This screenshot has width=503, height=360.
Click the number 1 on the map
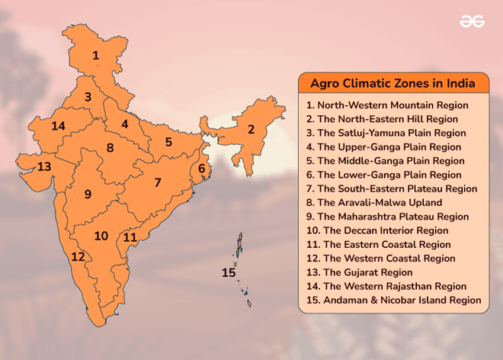click(96, 55)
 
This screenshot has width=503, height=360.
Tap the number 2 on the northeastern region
click(251, 129)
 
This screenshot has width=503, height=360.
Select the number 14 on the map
click(59, 126)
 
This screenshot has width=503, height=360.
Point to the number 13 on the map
click(44, 166)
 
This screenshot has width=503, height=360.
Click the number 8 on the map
click(111, 147)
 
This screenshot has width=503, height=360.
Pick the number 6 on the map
click(202, 169)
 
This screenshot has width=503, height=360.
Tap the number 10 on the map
click(101, 236)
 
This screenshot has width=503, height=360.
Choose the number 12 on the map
click(78, 257)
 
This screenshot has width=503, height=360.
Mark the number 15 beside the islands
click(229, 272)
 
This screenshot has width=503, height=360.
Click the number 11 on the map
click(130, 237)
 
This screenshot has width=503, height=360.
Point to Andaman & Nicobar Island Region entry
click(393, 301)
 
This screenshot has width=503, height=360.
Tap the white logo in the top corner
click(473, 21)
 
